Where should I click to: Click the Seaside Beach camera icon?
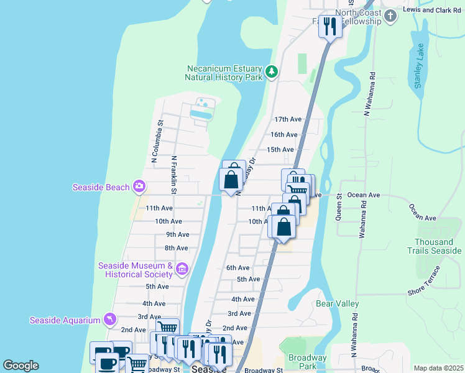[x=139, y=186]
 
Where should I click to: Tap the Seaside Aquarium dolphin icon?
[x=110, y=320]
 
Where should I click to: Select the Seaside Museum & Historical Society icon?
[x=182, y=269]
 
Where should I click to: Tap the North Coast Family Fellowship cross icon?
[x=390, y=16]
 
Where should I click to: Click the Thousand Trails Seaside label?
[x=435, y=246]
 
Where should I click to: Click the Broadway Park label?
[x=307, y=362]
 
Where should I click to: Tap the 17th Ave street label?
[x=288, y=119]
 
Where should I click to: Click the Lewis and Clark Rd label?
[x=433, y=10]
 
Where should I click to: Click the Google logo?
[x=21, y=366]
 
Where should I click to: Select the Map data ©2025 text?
[x=438, y=368]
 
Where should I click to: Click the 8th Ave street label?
[x=177, y=248]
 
